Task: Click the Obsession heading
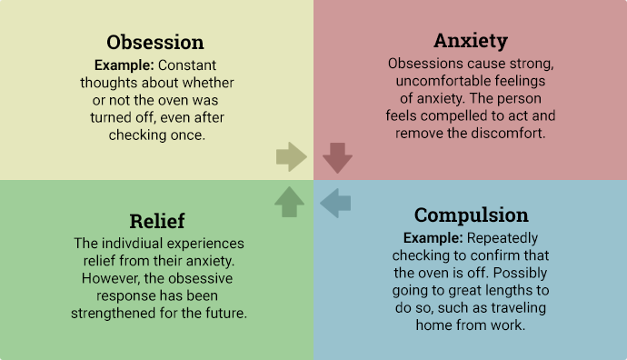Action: (155, 43)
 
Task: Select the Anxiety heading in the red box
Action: (470, 41)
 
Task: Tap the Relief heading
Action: (156, 221)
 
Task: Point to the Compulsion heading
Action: (471, 215)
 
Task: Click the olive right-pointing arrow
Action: (292, 157)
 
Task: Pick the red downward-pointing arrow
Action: (337, 157)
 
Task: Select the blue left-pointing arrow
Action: (335, 203)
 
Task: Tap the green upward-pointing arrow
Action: (289, 202)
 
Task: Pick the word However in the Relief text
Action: (114, 278)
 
